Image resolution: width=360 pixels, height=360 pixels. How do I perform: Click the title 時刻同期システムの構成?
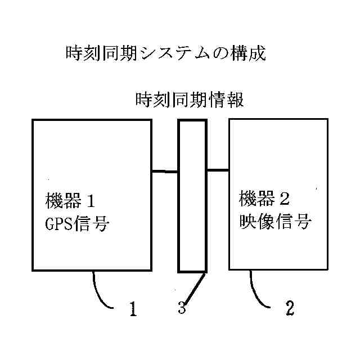(165, 54)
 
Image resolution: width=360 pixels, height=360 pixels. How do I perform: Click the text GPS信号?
(76, 224)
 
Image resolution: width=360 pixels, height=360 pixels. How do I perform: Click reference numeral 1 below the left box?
(133, 308)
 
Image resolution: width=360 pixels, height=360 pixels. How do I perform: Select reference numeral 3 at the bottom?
(182, 308)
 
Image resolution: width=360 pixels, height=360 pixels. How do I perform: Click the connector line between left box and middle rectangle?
(165, 172)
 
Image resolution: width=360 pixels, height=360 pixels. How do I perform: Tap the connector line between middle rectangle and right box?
(218, 169)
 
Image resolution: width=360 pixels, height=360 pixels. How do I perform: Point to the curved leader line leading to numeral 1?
(101, 292)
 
